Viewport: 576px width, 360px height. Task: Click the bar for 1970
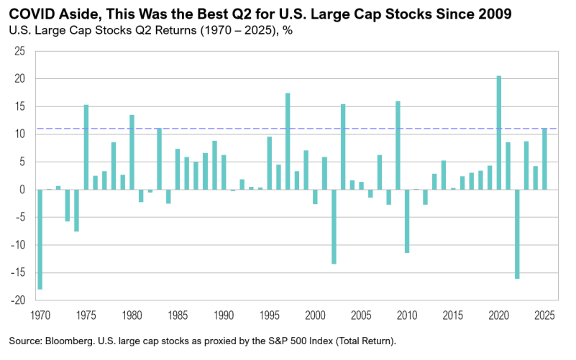pos(40,239)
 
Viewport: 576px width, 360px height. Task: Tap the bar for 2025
pos(544,159)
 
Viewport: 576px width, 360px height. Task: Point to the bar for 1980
pos(132,152)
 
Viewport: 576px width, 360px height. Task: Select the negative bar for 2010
pos(407,221)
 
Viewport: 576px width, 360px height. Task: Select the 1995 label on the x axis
pos(269,315)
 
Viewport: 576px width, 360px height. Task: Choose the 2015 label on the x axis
pos(452,315)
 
